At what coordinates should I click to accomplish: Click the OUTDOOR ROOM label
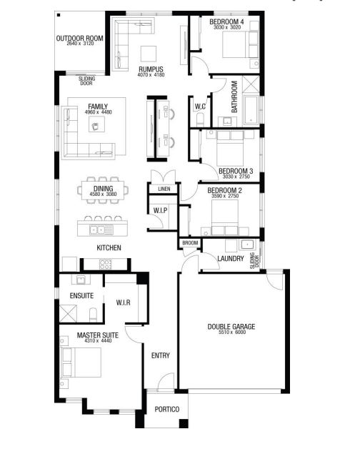(x=79, y=38)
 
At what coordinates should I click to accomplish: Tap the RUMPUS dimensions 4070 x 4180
(x=151, y=75)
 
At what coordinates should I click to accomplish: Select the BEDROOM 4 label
(x=226, y=21)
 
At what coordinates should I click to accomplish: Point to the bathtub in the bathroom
(x=251, y=110)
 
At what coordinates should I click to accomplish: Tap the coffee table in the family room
(x=96, y=124)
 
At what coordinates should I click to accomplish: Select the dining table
(x=103, y=189)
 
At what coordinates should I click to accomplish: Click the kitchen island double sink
(x=97, y=230)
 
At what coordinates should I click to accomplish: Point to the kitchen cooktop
(x=105, y=264)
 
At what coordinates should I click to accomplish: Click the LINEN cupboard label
(x=164, y=189)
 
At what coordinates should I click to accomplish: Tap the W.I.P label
(x=160, y=210)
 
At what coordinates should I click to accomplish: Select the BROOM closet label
(x=190, y=243)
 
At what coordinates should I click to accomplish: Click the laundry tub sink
(x=246, y=245)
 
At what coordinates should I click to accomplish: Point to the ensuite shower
(x=68, y=313)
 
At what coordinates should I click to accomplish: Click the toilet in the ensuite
(x=94, y=315)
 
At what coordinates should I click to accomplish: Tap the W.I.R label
(x=124, y=302)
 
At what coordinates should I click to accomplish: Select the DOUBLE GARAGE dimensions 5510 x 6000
(x=232, y=332)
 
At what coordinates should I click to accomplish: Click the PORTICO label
(x=167, y=409)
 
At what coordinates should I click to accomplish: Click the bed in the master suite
(x=81, y=362)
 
